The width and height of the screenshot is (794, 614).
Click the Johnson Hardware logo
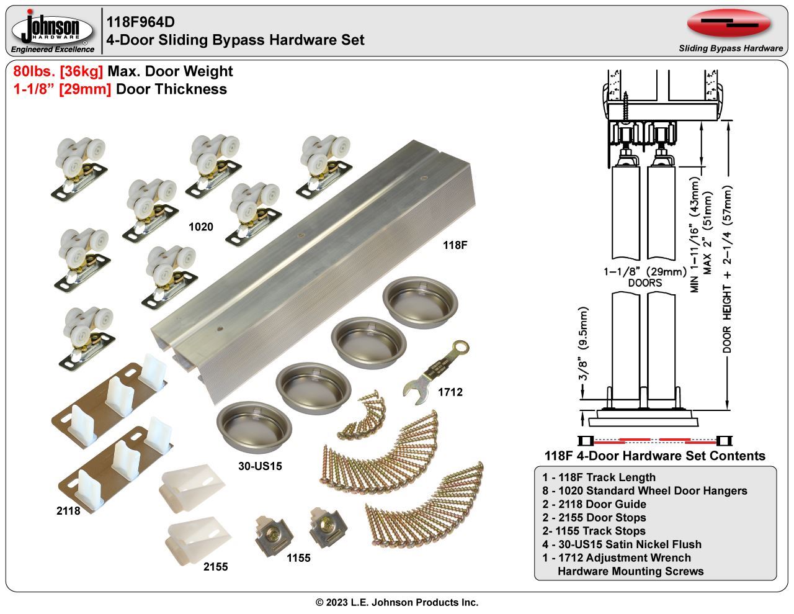click(53, 31)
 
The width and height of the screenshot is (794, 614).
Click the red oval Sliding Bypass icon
click(729, 24)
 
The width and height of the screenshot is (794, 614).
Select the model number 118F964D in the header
click(140, 22)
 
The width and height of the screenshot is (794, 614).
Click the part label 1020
click(200, 227)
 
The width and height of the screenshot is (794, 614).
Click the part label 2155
click(215, 567)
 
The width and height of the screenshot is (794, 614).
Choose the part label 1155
click(298, 558)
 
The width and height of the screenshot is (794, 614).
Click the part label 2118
click(68, 512)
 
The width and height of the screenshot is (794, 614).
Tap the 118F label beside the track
click(455, 245)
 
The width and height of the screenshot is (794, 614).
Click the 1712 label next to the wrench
click(450, 392)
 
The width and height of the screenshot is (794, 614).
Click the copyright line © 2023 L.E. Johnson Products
click(397, 602)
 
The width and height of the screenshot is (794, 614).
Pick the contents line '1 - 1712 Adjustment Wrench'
click(616, 558)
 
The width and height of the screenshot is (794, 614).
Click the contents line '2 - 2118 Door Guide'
click(594, 504)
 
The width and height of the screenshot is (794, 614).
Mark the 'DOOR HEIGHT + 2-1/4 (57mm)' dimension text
click(728, 270)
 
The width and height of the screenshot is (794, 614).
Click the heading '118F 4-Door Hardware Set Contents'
click(654, 456)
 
